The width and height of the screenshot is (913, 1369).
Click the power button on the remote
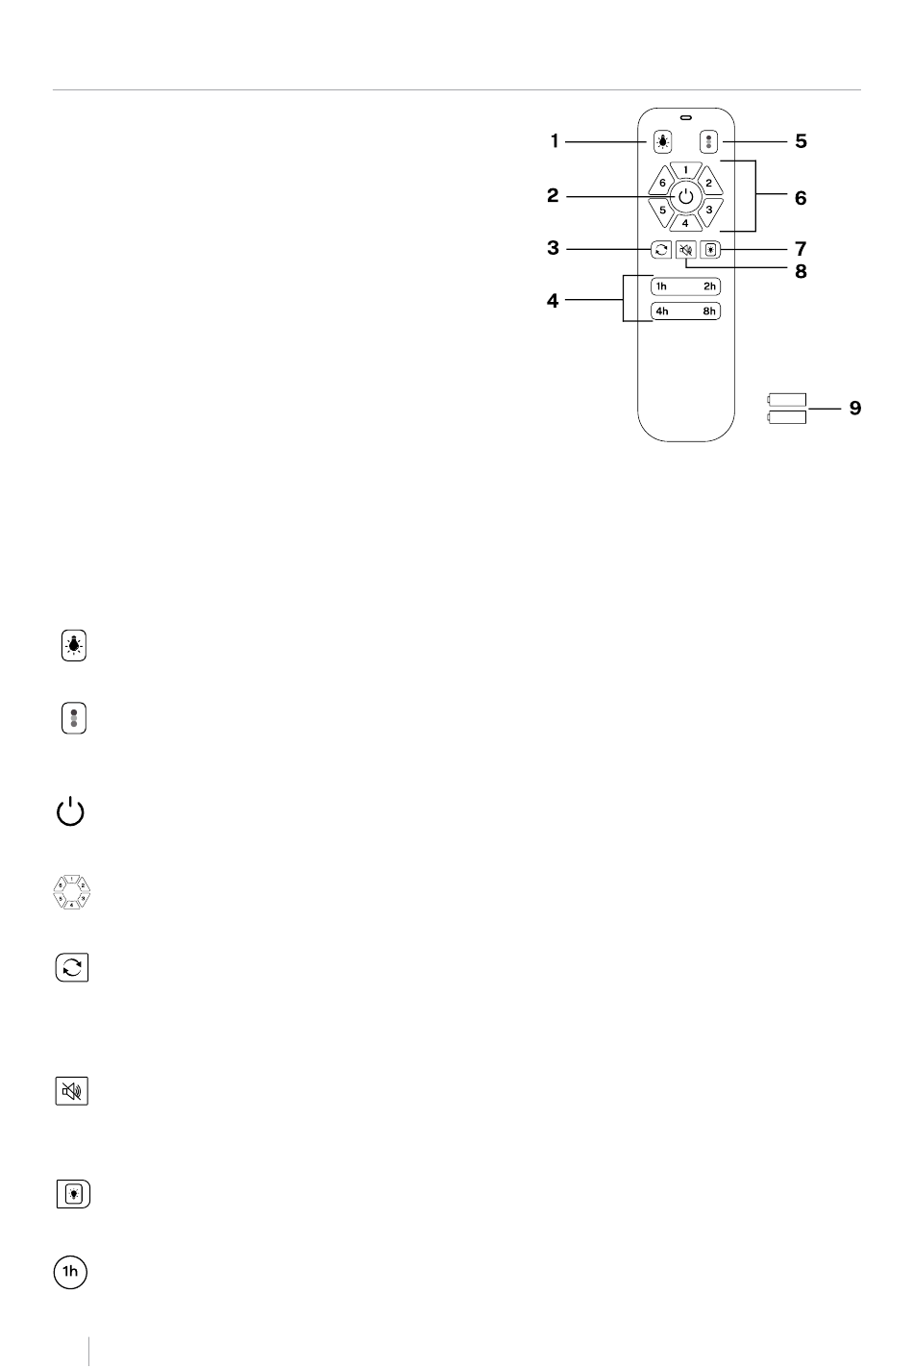coord(685,197)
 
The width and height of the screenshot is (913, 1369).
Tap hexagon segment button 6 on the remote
coord(661,182)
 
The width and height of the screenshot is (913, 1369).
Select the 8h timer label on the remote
coord(709,311)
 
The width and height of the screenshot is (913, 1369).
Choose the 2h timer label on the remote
coord(709,286)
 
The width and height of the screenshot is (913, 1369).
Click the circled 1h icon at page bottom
coord(71,1272)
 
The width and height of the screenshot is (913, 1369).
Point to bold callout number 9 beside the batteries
coord(855,408)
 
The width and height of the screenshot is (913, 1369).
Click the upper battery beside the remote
coord(787,400)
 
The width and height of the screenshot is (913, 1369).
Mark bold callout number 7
coord(801,249)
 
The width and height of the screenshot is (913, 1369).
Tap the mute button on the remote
coord(686,250)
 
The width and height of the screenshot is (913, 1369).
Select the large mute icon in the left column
coord(71,1091)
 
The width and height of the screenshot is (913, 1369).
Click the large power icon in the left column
coord(70,811)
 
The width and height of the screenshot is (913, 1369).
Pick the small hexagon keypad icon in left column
coord(71,892)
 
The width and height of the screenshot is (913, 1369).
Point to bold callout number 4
coord(553,301)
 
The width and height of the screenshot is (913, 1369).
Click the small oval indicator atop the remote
coord(685,117)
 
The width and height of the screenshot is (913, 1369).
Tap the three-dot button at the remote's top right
coord(709,141)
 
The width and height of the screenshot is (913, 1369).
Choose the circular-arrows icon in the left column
coord(72,967)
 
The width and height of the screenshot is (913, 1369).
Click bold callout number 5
coord(801,141)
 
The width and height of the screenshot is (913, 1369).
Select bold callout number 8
coord(801,271)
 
